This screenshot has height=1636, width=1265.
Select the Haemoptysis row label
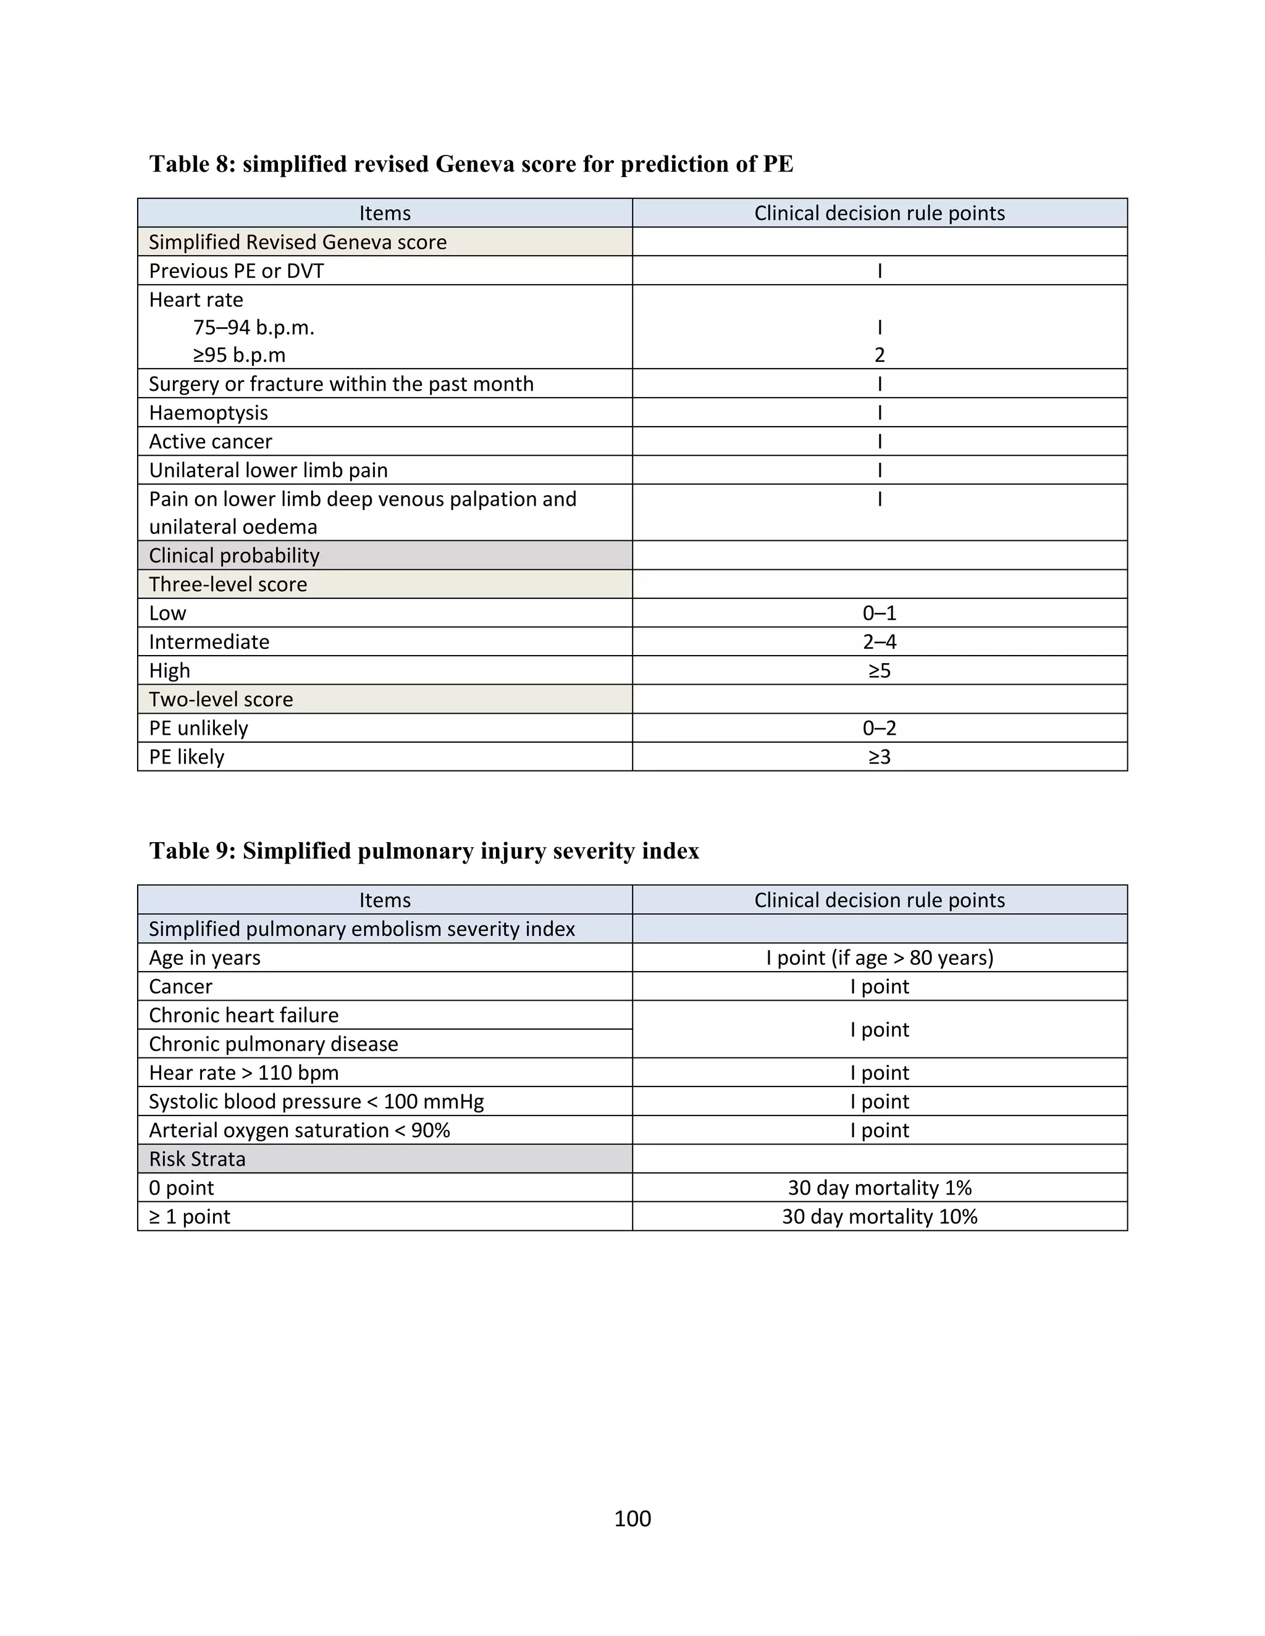[208, 413]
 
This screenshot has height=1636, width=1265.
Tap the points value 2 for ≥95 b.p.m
[879, 355]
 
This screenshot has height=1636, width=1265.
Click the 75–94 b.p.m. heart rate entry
[253, 328]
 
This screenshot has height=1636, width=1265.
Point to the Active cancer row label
[211, 441]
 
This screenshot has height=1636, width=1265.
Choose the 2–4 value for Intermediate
[879, 642]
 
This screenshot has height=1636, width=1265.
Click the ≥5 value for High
[879, 670]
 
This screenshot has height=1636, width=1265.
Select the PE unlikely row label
[199, 728]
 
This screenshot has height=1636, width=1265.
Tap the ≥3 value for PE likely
[879, 757]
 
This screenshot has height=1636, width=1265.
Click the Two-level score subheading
[221, 699]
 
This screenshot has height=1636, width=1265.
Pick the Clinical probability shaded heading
[234, 555]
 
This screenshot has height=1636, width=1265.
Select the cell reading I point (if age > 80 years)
[879, 958]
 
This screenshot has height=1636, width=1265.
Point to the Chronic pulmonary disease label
[274, 1044]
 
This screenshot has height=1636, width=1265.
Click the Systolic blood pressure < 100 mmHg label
[316, 1102]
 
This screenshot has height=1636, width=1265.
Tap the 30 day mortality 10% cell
[879, 1217]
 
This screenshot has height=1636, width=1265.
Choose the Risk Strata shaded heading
[197, 1159]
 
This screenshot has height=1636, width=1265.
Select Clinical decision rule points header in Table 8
[879, 214]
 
